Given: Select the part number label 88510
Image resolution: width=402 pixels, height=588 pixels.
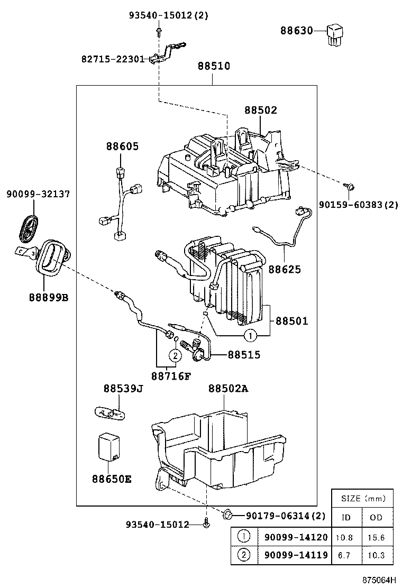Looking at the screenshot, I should pos(214,66).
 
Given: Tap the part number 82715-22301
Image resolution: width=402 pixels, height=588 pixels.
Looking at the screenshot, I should pos(113,59).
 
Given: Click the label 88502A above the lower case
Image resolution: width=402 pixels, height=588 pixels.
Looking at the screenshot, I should pos(228,389).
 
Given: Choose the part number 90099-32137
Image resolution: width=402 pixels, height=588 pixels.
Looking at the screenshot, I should pos(38,194).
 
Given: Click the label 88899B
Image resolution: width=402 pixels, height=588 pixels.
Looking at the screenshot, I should pos(48,297).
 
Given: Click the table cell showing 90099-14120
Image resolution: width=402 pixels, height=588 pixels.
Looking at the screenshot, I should pos(296,537).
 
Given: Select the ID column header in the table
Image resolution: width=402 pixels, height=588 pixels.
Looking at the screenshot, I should pos(346,517).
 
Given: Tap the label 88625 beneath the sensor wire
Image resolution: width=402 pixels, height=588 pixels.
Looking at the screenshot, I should pos(285,269).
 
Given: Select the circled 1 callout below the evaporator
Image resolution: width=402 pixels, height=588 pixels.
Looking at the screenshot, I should pos(250,335).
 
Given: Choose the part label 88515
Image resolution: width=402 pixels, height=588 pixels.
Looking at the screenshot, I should pos(244,355).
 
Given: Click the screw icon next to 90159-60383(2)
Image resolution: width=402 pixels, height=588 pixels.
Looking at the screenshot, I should pos(349,186).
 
